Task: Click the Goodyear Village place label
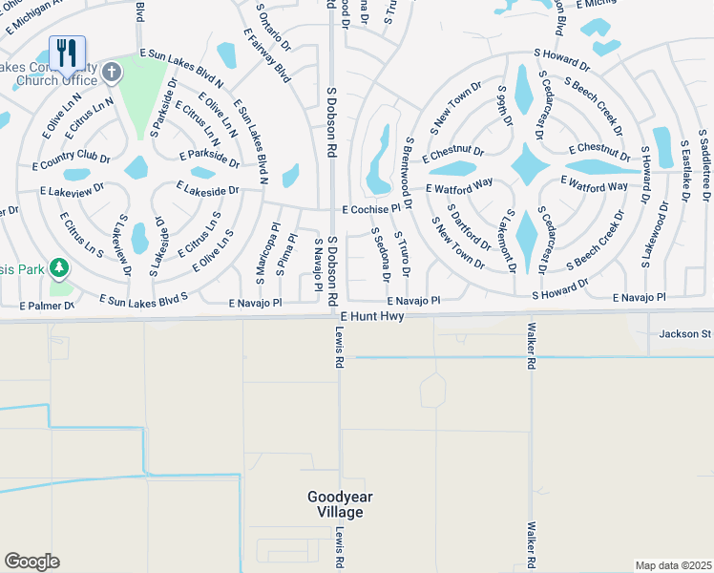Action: [x=335, y=504]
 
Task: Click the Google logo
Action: [x=31, y=562]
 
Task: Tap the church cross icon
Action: [x=112, y=72]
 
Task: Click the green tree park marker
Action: [x=59, y=267]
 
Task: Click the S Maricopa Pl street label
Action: [x=259, y=255]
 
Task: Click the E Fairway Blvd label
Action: [x=266, y=54]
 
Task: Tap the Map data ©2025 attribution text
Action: [x=674, y=565]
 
